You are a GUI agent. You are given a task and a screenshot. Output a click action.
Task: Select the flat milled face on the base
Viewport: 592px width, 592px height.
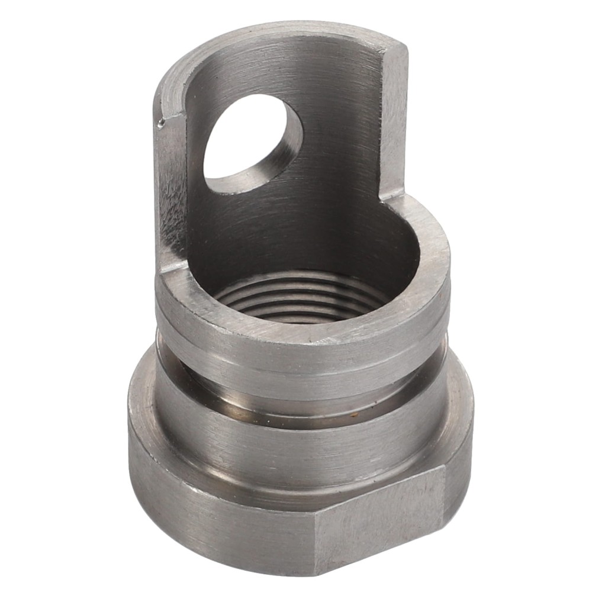379,521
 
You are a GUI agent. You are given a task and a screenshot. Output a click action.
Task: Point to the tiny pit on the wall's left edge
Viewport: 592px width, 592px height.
161,123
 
